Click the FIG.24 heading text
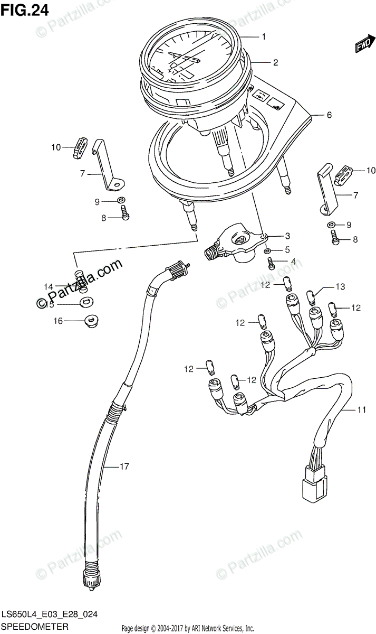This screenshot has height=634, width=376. coord(25,10)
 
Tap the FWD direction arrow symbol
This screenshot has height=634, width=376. coord(363,45)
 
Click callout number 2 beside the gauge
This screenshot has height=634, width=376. coord(275,62)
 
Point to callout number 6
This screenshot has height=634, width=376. coord(329,115)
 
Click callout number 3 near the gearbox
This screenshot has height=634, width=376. coord(287,236)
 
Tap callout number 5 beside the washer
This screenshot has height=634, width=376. coord(287,249)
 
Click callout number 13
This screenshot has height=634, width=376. coord(340,287)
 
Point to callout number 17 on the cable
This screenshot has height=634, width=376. coord(124,467)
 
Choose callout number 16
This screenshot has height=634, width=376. coord(57,321)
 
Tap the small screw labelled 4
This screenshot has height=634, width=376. coord(271,263)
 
